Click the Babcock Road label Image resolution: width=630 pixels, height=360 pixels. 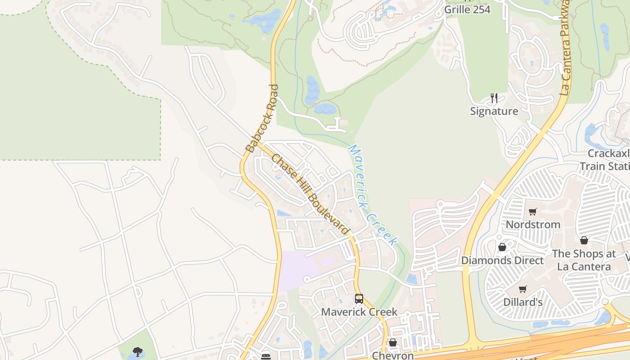[262, 118]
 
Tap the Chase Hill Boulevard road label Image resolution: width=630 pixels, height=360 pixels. [310, 194]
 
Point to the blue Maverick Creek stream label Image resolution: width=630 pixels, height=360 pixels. [373, 194]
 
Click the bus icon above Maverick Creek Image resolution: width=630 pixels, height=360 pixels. [359, 298]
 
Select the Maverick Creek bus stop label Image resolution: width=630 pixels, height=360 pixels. [359, 312]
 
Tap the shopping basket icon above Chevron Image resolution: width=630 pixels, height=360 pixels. [392, 343]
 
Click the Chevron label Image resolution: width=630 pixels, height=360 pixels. [392, 355]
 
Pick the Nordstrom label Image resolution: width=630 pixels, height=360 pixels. [533, 224]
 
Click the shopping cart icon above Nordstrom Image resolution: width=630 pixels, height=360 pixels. [533, 211]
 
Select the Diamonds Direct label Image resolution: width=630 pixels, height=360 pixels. [502, 260]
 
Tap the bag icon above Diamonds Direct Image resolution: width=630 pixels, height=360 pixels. [502, 247]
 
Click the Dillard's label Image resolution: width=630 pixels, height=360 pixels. [523, 302]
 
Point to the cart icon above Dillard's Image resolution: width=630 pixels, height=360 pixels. [522, 289]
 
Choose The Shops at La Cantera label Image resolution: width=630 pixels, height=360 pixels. [584, 260]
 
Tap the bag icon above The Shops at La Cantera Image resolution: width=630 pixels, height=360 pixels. [584, 240]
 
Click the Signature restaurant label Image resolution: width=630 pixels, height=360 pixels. [494, 111]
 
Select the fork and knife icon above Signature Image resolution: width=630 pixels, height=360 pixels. [494, 98]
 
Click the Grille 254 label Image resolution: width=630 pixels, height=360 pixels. [467, 9]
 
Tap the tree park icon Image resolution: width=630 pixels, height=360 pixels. [138, 351]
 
